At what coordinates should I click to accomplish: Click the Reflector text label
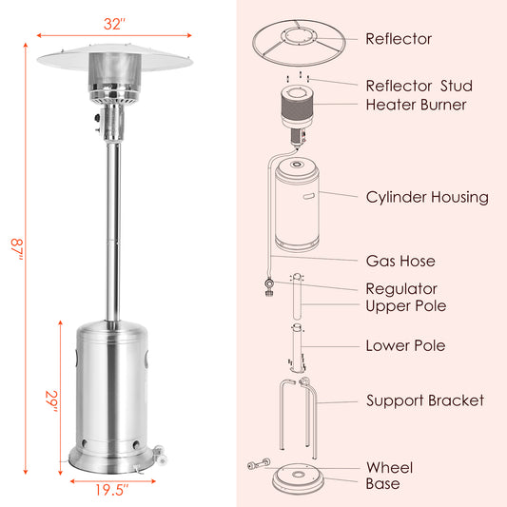(x=399, y=39)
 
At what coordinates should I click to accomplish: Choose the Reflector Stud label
(x=419, y=87)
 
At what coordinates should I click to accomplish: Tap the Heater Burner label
(x=416, y=105)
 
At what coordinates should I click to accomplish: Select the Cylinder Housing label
(x=427, y=198)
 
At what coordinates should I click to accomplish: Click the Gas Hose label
(x=400, y=260)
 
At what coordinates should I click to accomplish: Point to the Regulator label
(x=401, y=288)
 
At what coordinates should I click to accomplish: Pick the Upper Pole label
(x=406, y=305)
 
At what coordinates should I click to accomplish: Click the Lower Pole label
(x=405, y=345)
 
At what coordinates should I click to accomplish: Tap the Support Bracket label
(x=425, y=400)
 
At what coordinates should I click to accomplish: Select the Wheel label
(x=389, y=467)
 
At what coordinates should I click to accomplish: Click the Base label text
(x=383, y=484)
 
